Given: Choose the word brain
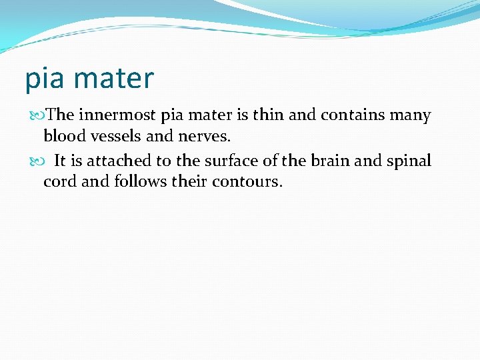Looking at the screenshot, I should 327,161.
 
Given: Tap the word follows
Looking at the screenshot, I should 139,181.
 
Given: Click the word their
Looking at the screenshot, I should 191,181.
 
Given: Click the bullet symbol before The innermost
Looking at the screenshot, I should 38,116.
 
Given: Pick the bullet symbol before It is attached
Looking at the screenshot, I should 38,161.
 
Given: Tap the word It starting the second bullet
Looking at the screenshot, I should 60,161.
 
